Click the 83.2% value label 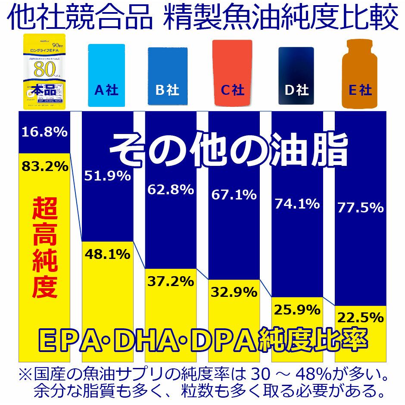click(x=44, y=166)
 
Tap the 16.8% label click(x=44, y=132)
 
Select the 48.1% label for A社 click(x=107, y=255)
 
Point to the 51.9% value click(x=107, y=176)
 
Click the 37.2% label click(x=171, y=281)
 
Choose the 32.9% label click(x=234, y=292)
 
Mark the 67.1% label click(x=234, y=195)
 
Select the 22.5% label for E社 click(x=361, y=318)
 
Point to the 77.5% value click(x=361, y=208)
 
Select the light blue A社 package click(x=106, y=75)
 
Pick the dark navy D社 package click(x=296, y=75)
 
